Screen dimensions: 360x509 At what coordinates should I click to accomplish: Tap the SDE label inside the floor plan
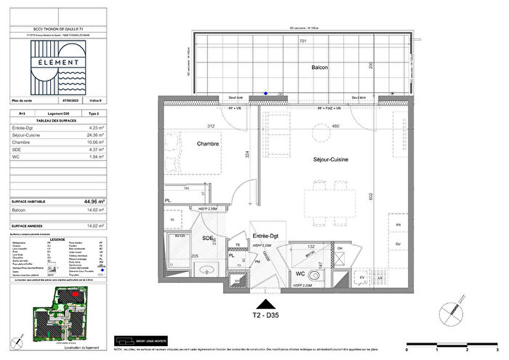(x=208, y=238)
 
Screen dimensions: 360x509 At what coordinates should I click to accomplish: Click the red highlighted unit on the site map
(x=74, y=294)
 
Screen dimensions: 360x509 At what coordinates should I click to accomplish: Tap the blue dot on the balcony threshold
(x=266, y=93)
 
